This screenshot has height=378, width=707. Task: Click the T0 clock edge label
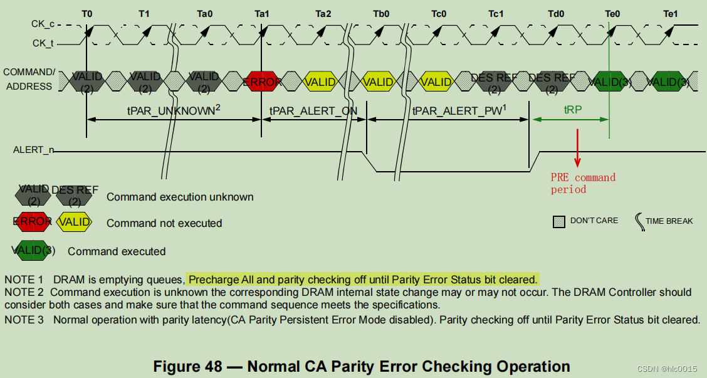point(86,13)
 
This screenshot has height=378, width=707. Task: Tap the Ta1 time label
point(262,13)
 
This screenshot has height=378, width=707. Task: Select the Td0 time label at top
point(555,13)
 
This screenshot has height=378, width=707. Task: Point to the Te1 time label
point(670,13)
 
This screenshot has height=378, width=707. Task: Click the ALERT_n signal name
point(34,150)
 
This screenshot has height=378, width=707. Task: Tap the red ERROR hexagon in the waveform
point(262,81)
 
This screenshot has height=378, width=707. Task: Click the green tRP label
point(572,109)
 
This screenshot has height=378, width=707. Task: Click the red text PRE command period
point(583,183)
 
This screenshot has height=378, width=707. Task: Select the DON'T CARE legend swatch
point(559,221)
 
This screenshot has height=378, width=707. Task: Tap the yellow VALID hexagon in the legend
point(74,222)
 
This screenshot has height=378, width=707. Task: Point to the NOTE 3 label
point(23,320)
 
